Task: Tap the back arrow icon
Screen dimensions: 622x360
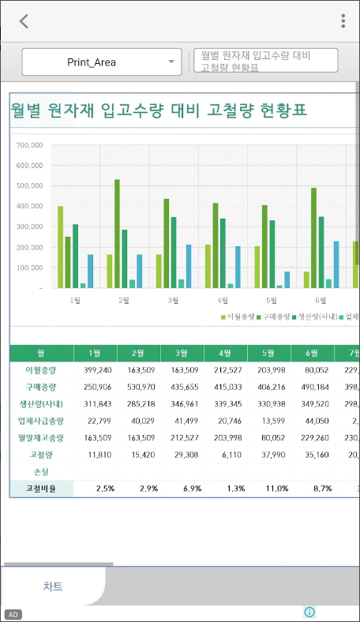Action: coord(24,21)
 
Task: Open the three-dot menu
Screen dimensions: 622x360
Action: coord(343,21)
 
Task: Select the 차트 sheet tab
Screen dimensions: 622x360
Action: coord(53,586)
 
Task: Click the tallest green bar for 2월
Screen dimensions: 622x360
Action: coord(117,234)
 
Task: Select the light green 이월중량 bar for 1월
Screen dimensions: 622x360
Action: coord(60,247)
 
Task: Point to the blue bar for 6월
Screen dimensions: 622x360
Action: coord(336,264)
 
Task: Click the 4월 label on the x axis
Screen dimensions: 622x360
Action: coord(223,301)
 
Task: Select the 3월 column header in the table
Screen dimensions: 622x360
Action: coord(182,354)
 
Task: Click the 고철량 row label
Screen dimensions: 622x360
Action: coord(41,455)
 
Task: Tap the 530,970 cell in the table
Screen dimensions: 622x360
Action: coord(139,386)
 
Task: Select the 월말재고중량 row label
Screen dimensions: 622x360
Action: coord(41,437)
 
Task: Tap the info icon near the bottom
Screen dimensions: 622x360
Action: coord(309,612)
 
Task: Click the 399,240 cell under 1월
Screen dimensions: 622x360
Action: coord(96,369)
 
